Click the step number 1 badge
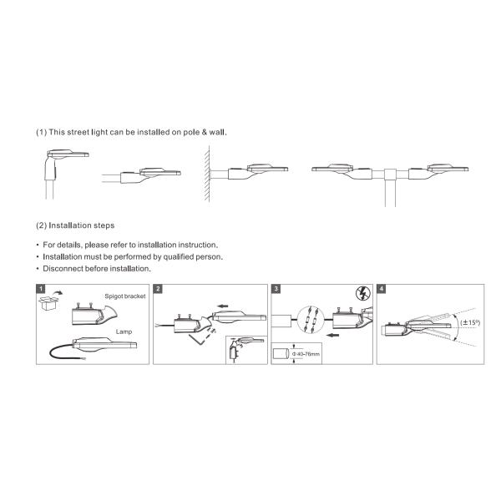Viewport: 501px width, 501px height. click(41, 289)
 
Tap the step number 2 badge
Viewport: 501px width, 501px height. click(158, 289)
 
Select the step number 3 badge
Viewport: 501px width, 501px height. click(276, 289)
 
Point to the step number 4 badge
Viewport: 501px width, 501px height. click(382, 289)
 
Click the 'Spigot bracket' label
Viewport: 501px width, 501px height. click(125, 296)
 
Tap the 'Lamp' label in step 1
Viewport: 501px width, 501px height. click(124, 331)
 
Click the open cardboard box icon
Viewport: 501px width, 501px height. click(48, 302)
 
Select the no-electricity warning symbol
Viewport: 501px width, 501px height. click(363, 293)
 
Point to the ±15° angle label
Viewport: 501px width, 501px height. click(470, 322)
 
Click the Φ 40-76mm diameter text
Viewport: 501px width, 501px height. click(306, 354)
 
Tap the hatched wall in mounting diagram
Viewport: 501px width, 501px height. click(207, 174)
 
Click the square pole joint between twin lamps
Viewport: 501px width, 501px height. click(390, 175)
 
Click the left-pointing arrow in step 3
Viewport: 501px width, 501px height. click(333, 335)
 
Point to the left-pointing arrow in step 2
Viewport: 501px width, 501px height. click(222, 306)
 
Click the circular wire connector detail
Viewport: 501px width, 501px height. click(311, 320)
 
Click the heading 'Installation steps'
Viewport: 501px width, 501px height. click(82, 225)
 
